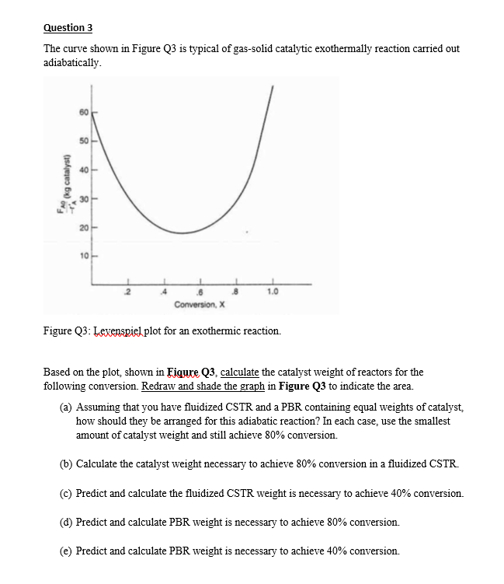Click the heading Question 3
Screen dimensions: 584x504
68,28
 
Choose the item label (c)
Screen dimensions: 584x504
67,494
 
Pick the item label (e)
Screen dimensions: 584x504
67,551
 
